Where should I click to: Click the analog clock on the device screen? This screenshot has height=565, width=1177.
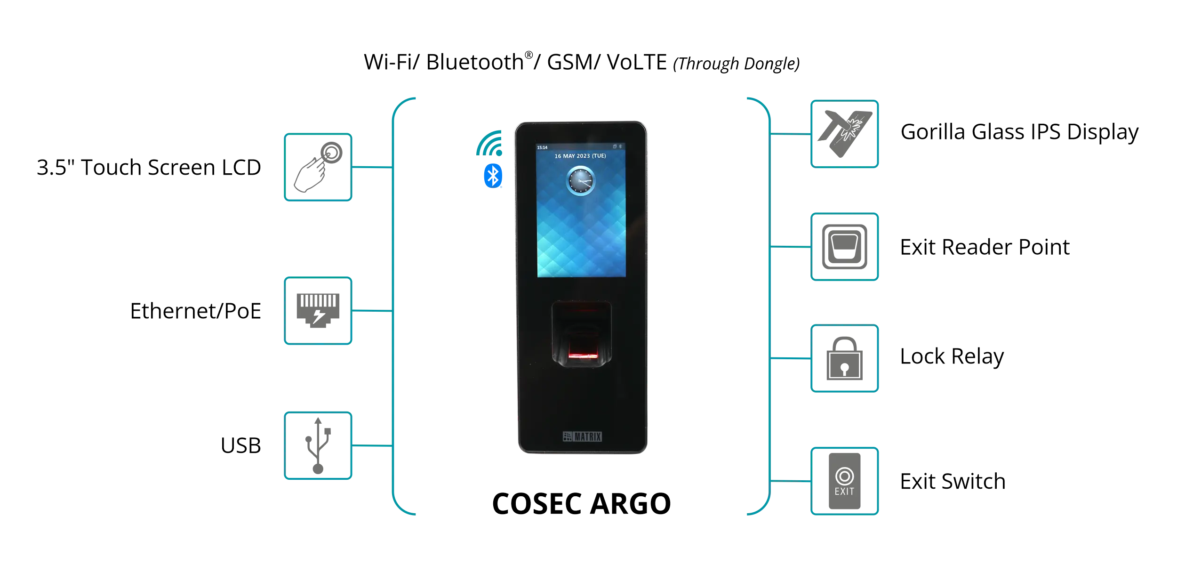[x=580, y=181]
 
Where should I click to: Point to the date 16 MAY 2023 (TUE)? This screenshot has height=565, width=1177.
[x=580, y=156]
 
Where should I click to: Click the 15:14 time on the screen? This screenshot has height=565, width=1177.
[x=542, y=147]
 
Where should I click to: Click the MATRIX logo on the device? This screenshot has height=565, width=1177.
[x=582, y=436]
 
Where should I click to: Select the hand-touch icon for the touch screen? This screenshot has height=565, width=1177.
[x=318, y=168]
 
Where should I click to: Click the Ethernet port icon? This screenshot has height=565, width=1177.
[x=318, y=311]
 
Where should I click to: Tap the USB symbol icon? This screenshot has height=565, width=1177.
[x=318, y=446]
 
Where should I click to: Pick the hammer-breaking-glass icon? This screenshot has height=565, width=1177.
[x=845, y=134]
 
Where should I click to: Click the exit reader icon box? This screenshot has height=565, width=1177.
[x=845, y=247]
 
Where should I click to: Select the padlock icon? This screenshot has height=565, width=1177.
[x=845, y=359]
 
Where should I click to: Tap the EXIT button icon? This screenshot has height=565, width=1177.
[x=845, y=481]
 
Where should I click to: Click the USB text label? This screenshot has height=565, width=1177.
[x=242, y=446]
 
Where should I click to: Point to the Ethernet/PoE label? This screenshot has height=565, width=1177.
[x=197, y=311]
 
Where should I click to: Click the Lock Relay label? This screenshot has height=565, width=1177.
[x=952, y=356]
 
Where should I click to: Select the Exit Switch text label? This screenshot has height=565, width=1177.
[x=952, y=481]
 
